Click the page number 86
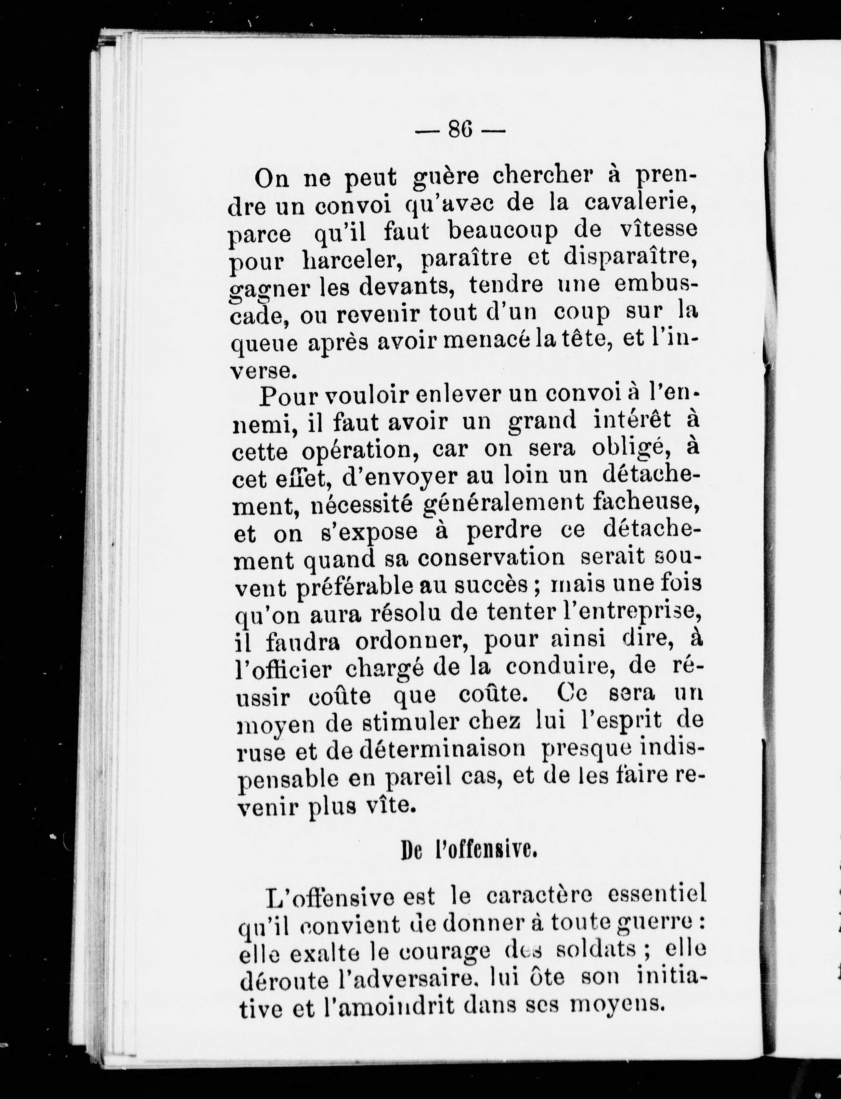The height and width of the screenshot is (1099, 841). [460, 130]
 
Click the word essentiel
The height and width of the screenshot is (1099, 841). [656, 893]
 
